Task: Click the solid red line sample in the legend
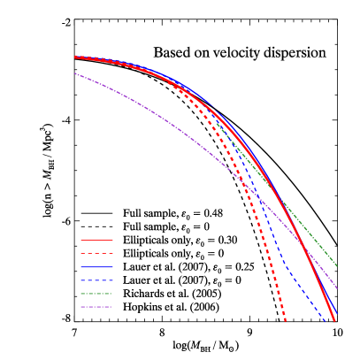coord(96,240)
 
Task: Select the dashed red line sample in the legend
coord(96,253)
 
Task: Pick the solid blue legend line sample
coord(96,266)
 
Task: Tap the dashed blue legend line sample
coord(96,280)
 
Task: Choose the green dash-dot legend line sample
coord(96,294)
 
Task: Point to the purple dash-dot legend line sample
coord(96,307)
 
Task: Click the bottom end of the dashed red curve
coord(286,320)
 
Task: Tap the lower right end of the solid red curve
coord(334,320)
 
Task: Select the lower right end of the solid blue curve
coord(338,314)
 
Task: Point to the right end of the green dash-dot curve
coord(338,266)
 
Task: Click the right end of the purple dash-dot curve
coord(338,288)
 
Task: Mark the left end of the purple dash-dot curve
coord(75,73)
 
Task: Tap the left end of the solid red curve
coord(75,57)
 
